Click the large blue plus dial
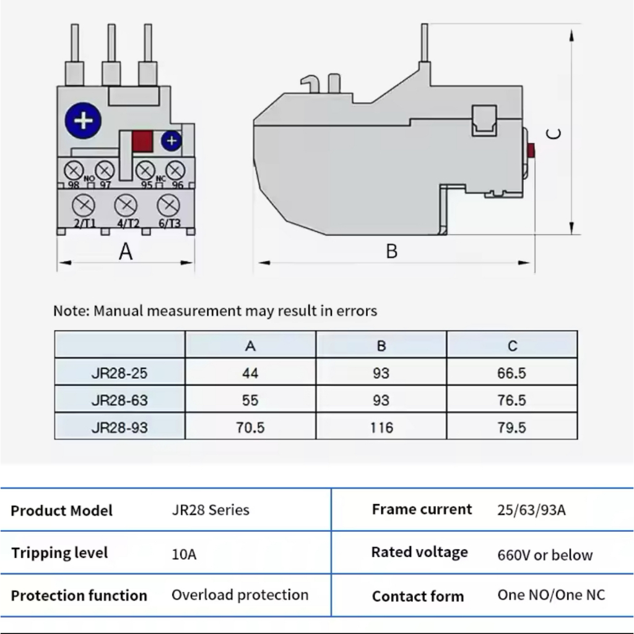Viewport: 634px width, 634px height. (83, 119)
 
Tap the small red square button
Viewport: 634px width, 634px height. (142, 141)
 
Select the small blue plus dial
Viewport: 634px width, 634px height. (172, 141)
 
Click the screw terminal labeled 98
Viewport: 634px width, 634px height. (74, 169)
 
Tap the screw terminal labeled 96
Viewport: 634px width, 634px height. (176, 169)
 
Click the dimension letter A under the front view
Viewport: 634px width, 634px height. (126, 252)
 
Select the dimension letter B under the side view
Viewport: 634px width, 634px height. (391, 251)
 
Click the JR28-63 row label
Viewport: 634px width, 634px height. (119, 400)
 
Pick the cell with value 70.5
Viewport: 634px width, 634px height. (250, 427)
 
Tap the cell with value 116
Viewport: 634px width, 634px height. (381, 427)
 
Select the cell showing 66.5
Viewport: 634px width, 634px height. (511, 373)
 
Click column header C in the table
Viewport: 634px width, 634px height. (512, 345)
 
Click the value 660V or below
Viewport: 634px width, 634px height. (545, 555)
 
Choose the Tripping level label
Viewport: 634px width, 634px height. (59, 553)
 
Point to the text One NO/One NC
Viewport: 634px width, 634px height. (551, 595)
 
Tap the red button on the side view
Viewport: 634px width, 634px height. (531, 150)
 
